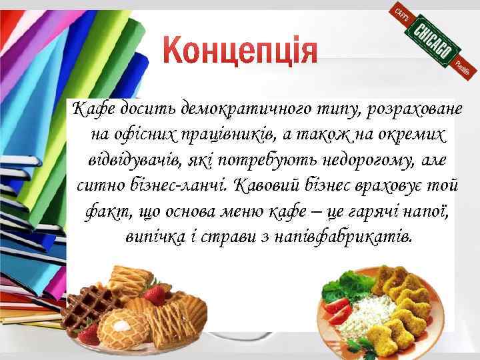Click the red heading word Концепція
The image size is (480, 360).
click(x=241, y=51)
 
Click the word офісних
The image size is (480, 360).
click(x=144, y=134)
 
